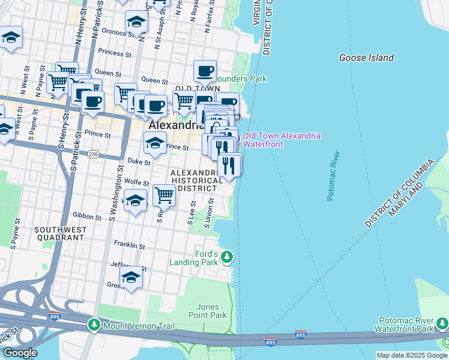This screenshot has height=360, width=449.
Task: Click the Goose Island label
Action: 366,58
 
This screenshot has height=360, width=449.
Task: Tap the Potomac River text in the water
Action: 333,179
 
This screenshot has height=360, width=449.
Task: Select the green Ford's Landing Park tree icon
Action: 226,258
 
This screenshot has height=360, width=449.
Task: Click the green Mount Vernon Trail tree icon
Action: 94,325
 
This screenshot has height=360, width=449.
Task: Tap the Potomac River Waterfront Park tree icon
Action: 442,325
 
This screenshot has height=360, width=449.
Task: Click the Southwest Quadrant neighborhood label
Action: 59,233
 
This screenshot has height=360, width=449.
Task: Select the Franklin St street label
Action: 129,245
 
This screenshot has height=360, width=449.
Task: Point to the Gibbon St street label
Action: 87,215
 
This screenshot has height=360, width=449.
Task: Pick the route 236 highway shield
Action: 94,154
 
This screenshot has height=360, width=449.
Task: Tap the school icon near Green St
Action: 131,277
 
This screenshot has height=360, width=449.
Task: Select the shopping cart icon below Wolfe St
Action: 164,194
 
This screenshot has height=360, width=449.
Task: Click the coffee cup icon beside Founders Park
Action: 205,71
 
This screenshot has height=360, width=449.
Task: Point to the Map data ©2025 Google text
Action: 411,355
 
